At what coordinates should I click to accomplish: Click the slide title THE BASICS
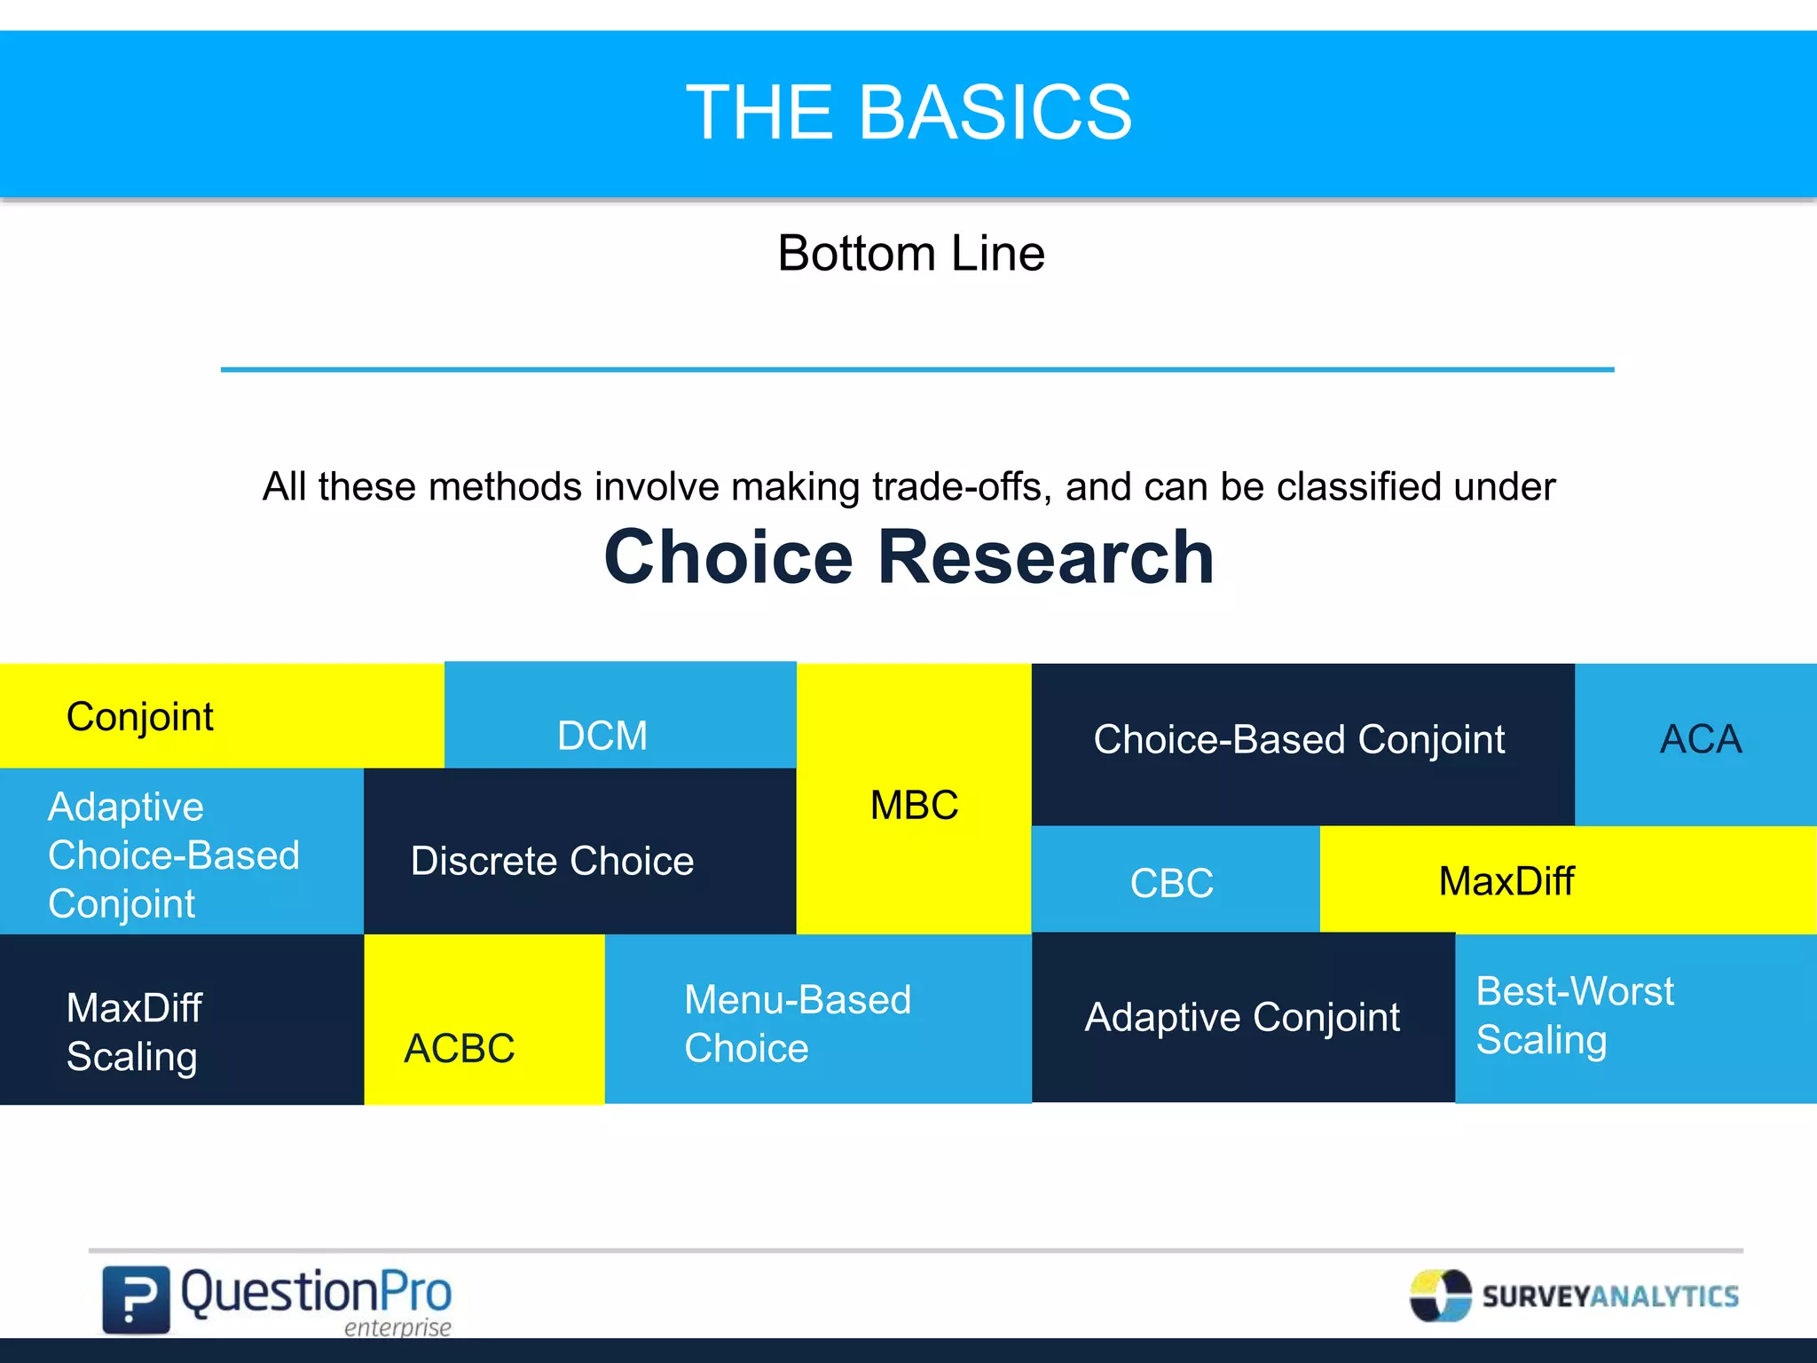click(x=908, y=113)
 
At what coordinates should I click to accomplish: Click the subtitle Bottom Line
click(x=911, y=254)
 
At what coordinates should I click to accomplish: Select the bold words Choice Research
click(x=908, y=557)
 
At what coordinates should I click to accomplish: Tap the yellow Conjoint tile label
click(x=140, y=717)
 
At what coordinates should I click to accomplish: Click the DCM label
click(x=602, y=737)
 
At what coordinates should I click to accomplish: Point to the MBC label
click(x=914, y=806)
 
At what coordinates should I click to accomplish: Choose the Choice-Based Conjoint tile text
click(x=1299, y=740)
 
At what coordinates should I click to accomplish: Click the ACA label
click(x=1701, y=740)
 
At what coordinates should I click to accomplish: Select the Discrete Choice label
click(x=552, y=862)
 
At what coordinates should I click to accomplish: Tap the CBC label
click(x=1171, y=884)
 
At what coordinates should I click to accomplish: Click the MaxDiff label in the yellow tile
click(x=1506, y=882)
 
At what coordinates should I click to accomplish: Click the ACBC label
click(x=459, y=1049)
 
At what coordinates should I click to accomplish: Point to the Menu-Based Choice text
click(x=797, y=1024)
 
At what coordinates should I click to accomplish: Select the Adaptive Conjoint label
click(x=1242, y=1018)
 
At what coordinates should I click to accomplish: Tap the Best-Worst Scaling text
click(x=1574, y=1015)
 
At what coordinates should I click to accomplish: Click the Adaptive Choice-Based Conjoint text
click(x=173, y=855)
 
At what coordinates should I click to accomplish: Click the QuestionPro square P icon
click(x=136, y=1299)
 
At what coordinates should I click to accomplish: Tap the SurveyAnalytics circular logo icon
click(x=1440, y=1296)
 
